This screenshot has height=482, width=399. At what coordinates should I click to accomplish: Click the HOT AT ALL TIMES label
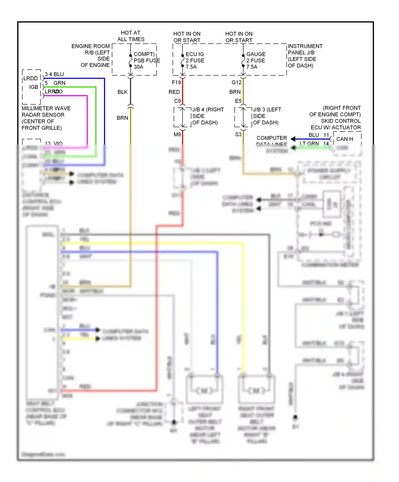(131, 36)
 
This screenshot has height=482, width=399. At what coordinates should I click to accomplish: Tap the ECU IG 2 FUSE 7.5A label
(195, 60)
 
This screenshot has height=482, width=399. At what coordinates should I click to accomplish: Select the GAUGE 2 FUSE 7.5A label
(255, 60)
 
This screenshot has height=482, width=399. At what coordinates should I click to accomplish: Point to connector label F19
(176, 83)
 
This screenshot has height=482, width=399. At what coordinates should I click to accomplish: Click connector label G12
(236, 83)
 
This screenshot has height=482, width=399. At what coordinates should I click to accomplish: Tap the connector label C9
(177, 101)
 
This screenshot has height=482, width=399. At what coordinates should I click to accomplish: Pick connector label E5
(238, 101)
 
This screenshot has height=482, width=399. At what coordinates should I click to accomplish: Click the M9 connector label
(177, 134)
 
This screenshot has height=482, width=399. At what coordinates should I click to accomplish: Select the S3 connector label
(238, 134)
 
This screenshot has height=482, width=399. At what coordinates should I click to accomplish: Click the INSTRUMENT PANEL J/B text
(305, 50)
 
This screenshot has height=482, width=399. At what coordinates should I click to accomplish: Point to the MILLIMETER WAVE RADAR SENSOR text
(46, 112)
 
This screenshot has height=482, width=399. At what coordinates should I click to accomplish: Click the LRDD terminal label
(31, 79)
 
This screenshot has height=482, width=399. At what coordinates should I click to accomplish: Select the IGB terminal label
(34, 87)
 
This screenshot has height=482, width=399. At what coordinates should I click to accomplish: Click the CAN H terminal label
(344, 139)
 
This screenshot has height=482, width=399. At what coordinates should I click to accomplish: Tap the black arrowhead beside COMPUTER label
(293, 139)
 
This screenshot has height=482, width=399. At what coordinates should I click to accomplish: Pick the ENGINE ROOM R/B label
(90, 49)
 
